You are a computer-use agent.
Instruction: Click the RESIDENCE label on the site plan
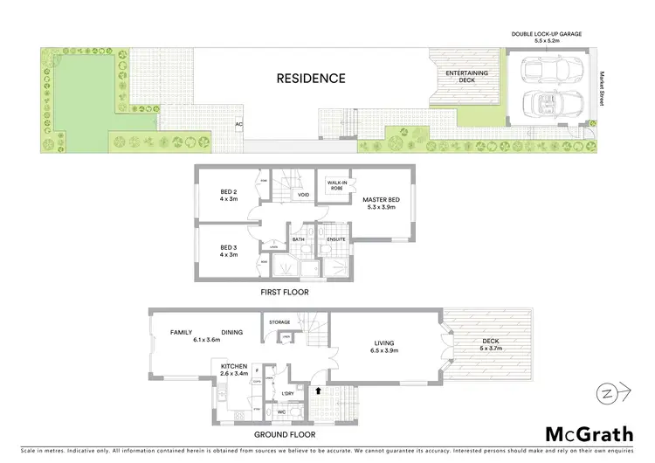[311, 79]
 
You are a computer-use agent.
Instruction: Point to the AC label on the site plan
[238, 123]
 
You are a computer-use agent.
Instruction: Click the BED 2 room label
[229, 195]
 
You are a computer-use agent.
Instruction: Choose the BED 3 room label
[229, 251]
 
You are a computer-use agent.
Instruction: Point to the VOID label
[304, 195]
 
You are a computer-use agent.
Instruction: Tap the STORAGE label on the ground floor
[279, 322]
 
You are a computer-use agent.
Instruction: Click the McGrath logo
[589, 434]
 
